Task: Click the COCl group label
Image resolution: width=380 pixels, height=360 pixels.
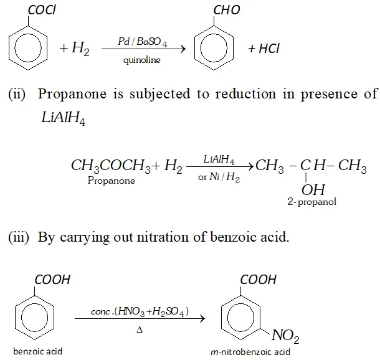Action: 42,10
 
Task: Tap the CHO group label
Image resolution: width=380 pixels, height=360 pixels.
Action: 227,10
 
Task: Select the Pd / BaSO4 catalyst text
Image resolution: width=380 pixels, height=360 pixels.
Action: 143,42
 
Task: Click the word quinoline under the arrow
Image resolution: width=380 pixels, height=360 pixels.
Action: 142,60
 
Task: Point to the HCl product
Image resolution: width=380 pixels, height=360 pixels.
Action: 264,49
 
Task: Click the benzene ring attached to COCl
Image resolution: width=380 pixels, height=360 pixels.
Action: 28,48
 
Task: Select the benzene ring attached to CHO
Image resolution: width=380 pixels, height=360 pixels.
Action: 214,48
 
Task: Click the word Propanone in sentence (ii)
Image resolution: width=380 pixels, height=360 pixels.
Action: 72,94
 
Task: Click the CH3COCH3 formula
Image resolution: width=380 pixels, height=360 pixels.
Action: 111,166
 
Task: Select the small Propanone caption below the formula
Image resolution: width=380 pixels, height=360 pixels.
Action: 112,181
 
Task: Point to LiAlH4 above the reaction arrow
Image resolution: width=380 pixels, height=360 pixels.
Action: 219,159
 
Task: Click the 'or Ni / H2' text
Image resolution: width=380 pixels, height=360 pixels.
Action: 219,177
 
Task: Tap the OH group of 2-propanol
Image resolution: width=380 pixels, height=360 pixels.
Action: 313,190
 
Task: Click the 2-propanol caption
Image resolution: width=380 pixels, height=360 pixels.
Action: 311,202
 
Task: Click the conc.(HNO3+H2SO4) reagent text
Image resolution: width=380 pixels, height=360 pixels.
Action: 140,311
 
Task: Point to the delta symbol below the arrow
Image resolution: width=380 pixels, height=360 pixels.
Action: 140,329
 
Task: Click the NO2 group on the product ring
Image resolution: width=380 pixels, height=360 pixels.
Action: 285,336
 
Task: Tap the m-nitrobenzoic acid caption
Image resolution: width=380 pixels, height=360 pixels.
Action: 250,352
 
